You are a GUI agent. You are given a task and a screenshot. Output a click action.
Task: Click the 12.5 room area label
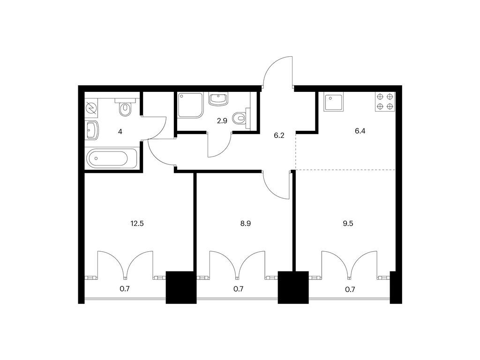137,224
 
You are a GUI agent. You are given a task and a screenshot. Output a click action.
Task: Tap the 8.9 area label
246,224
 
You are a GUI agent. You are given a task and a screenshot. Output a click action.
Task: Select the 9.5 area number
348,224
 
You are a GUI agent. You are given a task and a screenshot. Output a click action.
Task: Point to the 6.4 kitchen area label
360,131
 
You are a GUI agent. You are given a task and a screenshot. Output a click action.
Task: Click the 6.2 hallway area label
279,135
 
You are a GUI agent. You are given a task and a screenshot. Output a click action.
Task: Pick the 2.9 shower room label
222,120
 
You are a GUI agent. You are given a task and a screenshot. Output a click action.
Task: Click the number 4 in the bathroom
120,132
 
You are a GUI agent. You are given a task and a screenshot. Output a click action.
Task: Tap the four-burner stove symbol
385,102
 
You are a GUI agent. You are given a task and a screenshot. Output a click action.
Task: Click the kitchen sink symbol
333,102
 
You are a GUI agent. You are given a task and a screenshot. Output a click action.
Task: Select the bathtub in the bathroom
112,158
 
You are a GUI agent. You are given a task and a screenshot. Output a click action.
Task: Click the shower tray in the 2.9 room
190,105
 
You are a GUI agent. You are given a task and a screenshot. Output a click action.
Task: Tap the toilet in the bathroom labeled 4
125,107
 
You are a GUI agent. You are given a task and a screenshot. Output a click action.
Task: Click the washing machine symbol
91,108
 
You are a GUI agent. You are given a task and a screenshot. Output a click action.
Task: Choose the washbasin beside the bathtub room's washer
92,130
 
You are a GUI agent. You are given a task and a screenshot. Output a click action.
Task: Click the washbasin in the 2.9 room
218,99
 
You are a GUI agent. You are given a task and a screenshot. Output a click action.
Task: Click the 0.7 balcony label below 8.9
239,289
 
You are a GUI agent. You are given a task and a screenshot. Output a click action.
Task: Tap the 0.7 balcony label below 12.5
125,289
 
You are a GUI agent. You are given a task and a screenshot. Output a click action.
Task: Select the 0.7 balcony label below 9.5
350,289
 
